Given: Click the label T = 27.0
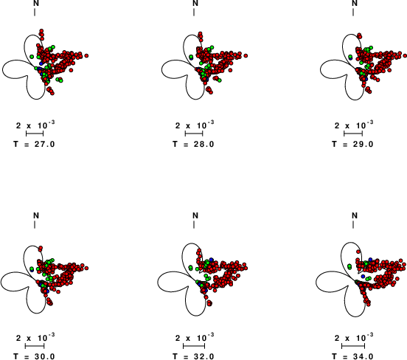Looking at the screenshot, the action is [x=34, y=144].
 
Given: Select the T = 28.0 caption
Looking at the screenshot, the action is [x=194, y=144].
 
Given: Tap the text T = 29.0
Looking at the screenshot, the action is [x=352, y=144].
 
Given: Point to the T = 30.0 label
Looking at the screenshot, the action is [x=34, y=356].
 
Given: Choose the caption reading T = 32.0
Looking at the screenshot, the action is [x=194, y=356].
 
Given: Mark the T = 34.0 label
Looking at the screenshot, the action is [x=352, y=356].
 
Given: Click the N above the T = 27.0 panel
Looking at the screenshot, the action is [x=36, y=3].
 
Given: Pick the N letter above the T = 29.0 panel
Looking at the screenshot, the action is [x=355, y=3].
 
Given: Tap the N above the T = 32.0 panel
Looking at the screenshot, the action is [x=195, y=215].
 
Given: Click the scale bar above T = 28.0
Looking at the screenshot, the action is [x=194, y=134].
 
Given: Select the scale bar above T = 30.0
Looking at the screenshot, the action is [x=35, y=346].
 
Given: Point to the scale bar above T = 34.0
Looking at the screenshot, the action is [x=353, y=346].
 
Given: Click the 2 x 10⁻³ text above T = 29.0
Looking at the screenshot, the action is [x=354, y=125].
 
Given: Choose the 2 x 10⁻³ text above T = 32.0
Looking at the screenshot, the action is [x=195, y=337].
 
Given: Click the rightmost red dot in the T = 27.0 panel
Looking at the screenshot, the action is [x=86, y=55].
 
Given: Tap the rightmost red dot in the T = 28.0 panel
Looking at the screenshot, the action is [x=246, y=55].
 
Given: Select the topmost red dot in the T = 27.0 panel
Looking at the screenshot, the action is [x=41, y=31].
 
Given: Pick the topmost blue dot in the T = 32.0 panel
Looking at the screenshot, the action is [x=212, y=260].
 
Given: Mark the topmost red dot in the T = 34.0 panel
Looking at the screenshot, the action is [x=358, y=252].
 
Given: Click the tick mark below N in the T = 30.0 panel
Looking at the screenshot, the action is [x=35, y=225].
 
